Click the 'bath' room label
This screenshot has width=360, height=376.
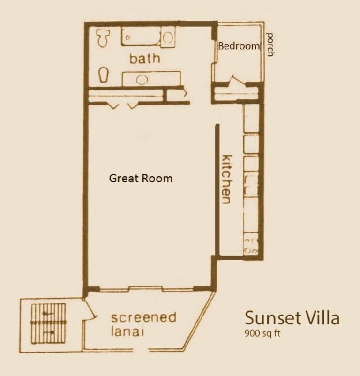click(x=144, y=59)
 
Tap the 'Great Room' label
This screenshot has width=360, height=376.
click(x=141, y=179)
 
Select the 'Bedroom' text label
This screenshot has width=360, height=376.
click(x=239, y=46)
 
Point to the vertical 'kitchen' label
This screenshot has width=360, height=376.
click(x=227, y=179)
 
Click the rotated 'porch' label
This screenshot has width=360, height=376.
click(x=270, y=45)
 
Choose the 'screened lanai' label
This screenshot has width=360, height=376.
click(x=143, y=324)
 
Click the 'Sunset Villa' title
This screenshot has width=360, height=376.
click(x=292, y=318)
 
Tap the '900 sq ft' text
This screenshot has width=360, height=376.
click(x=262, y=333)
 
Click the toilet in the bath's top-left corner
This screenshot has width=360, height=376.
click(x=103, y=38)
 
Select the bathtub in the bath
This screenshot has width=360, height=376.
click(x=142, y=36)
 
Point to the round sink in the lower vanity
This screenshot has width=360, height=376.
click(x=142, y=80)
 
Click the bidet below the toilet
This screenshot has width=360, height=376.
click(x=104, y=75)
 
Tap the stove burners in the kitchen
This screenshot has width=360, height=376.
click(x=251, y=245)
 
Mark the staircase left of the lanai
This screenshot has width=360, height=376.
click(x=49, y=323)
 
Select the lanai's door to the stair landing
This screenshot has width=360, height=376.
click(x=90, y=309)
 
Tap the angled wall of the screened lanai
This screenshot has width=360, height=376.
click(x=199, y=320)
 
